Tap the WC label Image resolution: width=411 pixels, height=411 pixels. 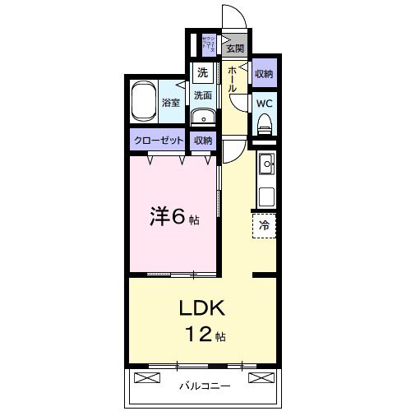[264, 104]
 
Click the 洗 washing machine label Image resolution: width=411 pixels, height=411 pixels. [202, 73]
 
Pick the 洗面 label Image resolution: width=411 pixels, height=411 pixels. [202, 95]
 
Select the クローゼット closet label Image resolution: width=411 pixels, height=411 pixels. [159, 141]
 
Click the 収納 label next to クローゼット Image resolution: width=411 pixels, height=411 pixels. [203, 141]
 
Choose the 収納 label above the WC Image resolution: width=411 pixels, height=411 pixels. [264, 74]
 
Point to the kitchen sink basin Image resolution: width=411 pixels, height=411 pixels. [266, 165]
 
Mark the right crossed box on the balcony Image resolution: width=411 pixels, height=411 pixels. [260, 378]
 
